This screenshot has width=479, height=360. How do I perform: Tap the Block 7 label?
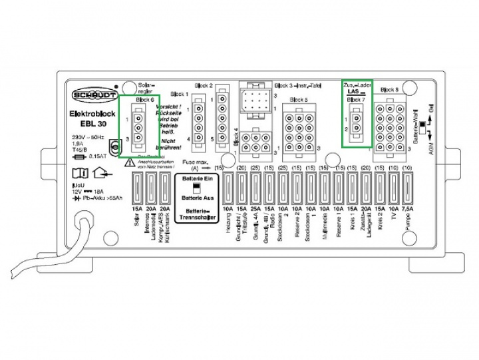tap(356, 99)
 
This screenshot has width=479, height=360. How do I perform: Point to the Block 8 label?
tap(389, 89)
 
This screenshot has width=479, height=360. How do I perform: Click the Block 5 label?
tap(299, 99)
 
